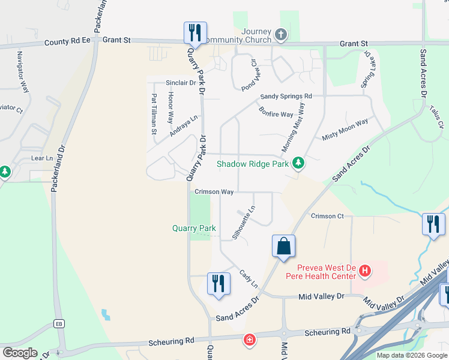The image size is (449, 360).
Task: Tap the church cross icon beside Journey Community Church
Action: pyautogui.click(x=280, y=34)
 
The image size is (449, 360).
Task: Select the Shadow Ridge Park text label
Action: pyautogui.click(x=252, y=163)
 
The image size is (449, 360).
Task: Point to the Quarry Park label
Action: pyautogui.click(x=194, y=228)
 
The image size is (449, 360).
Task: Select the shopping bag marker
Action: pyautogui.click(x=283, y=247)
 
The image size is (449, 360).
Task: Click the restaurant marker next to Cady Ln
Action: pyautogui.click(x=218, y=284)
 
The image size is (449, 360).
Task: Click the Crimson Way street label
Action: pyautogui.click(x=214, y=192)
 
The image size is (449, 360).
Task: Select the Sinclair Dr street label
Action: pyautogui.click(x=181, y=83)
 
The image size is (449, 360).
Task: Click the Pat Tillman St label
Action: pyautogui.click(x=154, y=113)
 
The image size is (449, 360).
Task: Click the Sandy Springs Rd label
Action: pyautogui.click(x=286, y=96)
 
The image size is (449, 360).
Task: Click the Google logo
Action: pyautogui.click(x=20, y=352)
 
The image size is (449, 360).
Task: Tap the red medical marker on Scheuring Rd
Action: pyautogui.click(x=249, y=340)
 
